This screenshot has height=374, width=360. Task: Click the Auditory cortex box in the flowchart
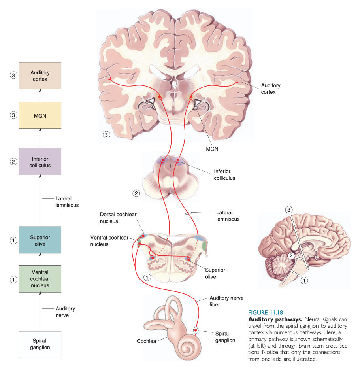[40, 76]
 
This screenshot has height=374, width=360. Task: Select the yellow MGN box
[40, 115]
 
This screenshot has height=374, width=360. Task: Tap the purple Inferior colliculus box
[40, 162]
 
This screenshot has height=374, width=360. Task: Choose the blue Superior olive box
[40, 240]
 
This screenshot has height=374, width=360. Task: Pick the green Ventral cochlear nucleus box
[40, 279]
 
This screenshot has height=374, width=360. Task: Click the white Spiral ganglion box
[40, 344]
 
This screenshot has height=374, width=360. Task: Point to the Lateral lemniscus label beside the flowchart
[67, 202]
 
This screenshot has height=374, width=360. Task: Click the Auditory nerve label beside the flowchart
[65, 312]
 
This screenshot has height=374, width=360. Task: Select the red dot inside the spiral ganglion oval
[196, 330]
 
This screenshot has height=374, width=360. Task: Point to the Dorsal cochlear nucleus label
[118, 218]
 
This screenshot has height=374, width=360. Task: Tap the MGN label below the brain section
[212, 149]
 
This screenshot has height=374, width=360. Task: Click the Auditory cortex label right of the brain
[271, 89]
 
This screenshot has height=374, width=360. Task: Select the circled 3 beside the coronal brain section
[106, 135]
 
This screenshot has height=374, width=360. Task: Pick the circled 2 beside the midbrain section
[136, 193]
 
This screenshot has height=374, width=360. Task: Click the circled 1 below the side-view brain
[304, 281]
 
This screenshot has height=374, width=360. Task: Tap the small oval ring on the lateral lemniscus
[189, 213]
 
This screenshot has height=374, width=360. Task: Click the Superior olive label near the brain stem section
[215, 273]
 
